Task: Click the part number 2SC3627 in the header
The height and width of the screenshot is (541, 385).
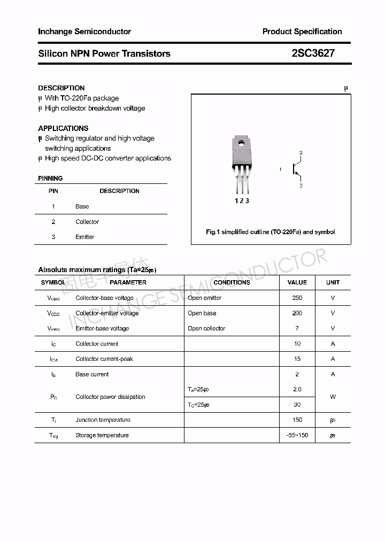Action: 313,53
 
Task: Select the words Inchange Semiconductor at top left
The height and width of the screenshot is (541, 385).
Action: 84,32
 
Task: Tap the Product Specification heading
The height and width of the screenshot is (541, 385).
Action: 302,32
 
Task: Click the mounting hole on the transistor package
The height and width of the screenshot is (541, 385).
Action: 241,143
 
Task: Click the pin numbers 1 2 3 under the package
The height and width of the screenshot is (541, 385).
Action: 242,200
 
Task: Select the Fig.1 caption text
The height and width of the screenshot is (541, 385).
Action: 271,232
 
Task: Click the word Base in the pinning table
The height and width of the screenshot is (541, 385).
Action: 82,206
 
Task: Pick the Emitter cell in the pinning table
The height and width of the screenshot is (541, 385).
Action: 84,237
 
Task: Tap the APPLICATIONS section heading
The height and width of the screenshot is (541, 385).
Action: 63,128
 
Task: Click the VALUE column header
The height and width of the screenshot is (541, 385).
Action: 297,282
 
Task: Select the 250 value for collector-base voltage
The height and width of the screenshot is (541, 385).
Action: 297,298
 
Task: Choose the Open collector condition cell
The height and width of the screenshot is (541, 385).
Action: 206,328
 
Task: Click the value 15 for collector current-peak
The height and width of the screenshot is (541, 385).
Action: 297,359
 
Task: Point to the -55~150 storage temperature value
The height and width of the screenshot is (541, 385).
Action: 297,435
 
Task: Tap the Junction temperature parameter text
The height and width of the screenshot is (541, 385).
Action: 103,420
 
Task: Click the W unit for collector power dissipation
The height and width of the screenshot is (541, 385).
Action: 333,397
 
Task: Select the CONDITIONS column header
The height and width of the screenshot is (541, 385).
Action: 232,282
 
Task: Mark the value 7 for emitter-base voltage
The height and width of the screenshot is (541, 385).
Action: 297,328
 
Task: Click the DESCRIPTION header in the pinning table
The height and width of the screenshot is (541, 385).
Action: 119,191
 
